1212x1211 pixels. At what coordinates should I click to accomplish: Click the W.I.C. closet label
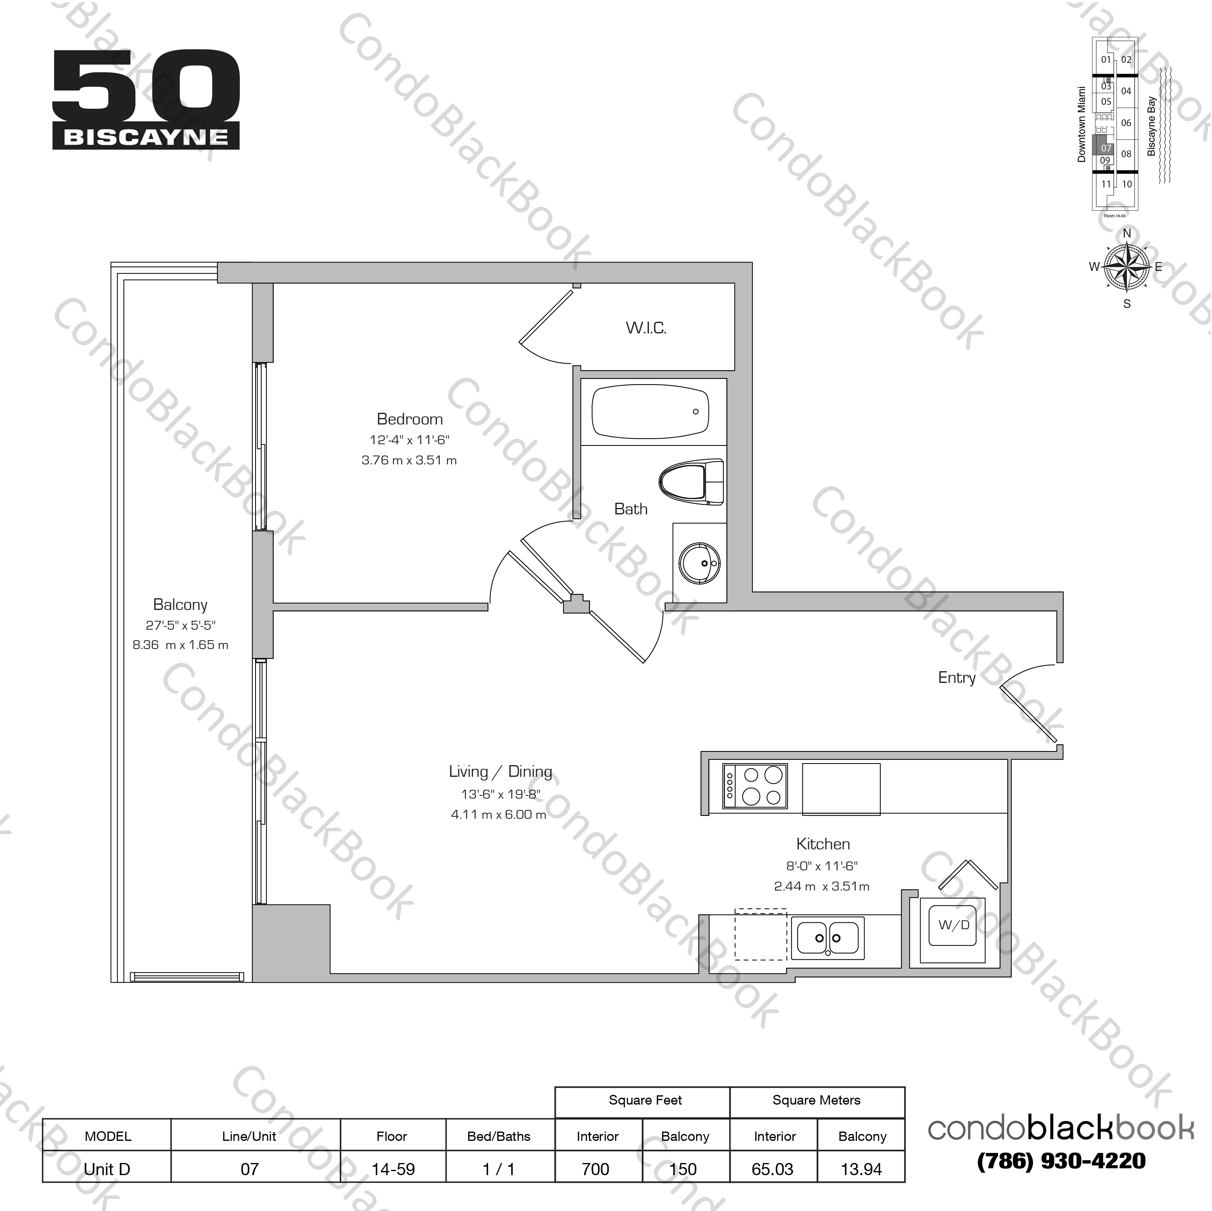pos(646,327)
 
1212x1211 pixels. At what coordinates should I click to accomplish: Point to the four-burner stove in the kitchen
pos(755,786)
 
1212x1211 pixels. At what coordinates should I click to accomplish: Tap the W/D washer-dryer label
pos(954,925)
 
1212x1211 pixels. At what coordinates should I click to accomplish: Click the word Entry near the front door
pos(957,678)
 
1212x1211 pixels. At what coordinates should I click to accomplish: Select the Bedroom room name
pos(410,419)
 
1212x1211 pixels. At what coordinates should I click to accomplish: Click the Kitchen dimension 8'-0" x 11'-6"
pos(822,866)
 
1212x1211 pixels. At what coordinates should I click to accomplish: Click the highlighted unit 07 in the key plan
pos(1105,148)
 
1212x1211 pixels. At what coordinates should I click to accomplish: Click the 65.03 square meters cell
pos(773,1169)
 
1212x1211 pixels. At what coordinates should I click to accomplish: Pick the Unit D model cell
pos(107,1169)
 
